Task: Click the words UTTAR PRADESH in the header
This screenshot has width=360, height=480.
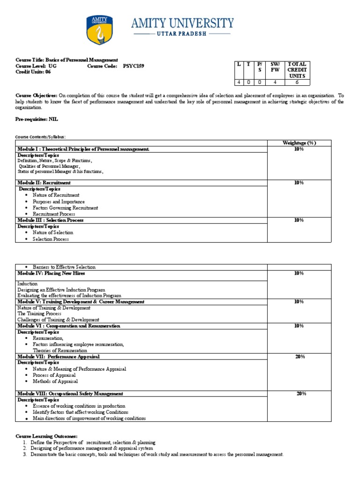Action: click(x=183, y=34)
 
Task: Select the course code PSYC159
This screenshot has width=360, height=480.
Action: click(x=134, y=67)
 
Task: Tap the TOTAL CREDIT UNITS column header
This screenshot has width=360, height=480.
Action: click(x=297, y=70)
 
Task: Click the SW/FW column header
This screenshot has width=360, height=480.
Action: click(x=275, y=67)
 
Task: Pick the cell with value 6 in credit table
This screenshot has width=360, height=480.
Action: click(x=297, y=82)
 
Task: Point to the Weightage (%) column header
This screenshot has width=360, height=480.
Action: click(x=299, y=142)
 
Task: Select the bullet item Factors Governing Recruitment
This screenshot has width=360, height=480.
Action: click(x=65, y=208)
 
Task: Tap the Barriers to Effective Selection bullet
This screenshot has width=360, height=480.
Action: click(x=64, y=267)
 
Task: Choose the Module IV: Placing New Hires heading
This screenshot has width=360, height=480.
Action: click(x=51, y=273)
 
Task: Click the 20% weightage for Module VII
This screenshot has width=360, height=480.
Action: click(x=300, y=357)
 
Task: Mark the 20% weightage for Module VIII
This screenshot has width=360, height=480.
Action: click(x=301, y=394)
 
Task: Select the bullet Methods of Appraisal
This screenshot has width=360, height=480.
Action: click(x=55, y=382)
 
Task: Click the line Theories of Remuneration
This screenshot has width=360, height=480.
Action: click(x=60, y=350)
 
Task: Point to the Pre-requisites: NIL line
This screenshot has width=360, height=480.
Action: click(x=37, y=120)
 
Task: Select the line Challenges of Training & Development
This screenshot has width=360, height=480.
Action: click(x=58, y=320)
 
